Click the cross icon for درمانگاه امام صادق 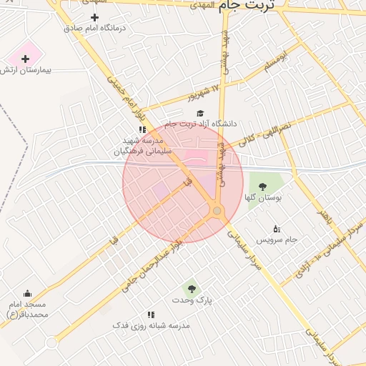(x=94, y=16)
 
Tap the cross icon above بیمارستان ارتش (x=26, y=58)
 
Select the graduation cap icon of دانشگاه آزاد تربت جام (x=199, y=113)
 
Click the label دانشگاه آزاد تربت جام (x=210, y=123)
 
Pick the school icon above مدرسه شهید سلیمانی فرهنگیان (x=142, y=129)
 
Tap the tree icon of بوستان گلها (x=262, y=186)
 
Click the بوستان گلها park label (x=263, y=197)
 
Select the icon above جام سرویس (x=277, y=229)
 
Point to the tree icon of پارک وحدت (x=191, y=289)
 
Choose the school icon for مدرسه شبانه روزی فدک (x=151, y=314)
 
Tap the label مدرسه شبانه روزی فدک (x=151, y=325)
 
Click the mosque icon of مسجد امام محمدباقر (x=27, y=293)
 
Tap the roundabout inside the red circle (x=217, y=212)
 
